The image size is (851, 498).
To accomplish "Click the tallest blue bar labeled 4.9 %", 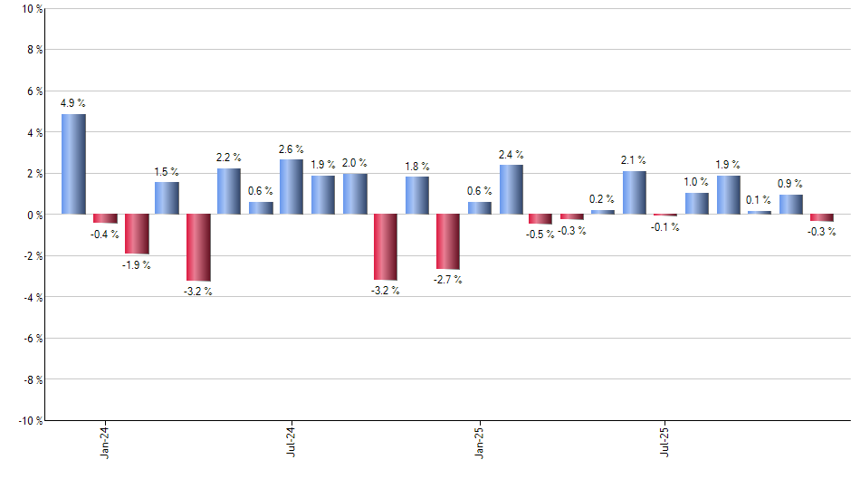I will click(73, 164).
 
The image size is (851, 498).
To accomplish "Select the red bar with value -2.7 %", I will click(448, 242).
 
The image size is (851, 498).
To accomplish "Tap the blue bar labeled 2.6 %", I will click(292, 187).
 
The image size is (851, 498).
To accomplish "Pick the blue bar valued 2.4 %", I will click(511, 189).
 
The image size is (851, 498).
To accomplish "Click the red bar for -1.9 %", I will click(136, 234).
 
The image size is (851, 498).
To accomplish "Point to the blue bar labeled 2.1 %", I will click(634, 193).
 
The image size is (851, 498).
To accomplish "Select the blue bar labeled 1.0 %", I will click(696, 204).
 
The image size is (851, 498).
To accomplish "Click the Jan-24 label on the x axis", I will click(105, 441).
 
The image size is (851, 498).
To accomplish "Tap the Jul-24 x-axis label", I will click(292, 441).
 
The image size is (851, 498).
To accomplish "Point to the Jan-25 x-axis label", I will click(479, 441).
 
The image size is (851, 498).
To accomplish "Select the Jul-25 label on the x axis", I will click(665, 441).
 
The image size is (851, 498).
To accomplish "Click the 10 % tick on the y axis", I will click(31, 9).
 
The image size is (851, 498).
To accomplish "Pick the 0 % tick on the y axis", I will click(33, 215).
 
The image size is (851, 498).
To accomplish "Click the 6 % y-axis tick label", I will click(33, 91).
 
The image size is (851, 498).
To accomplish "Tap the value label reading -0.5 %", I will click(541, 235).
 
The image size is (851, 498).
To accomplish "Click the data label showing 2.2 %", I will click(229, 158).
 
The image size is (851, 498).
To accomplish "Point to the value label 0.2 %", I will click(602, 199).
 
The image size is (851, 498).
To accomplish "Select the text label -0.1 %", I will click(665, 227).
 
